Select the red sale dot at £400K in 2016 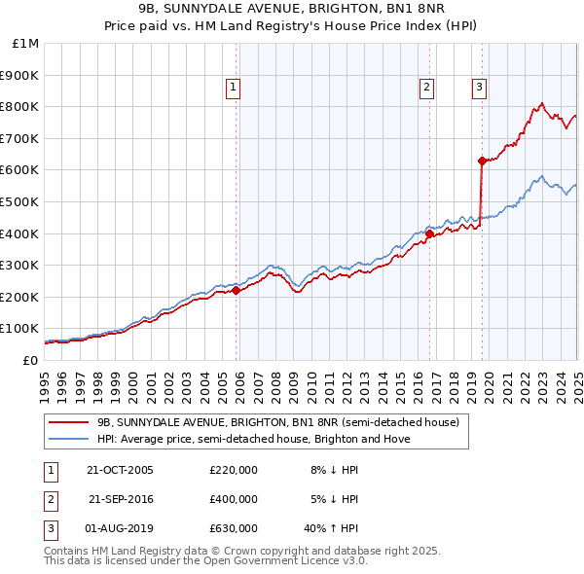click(x=429, y=233)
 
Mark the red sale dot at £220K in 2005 click(x=236, y=290)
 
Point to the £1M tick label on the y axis click(x=26, y=43)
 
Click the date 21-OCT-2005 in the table click(x=120, y=470)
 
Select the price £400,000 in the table click(x=234, y=499)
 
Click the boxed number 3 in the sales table click(x=50, y=528)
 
